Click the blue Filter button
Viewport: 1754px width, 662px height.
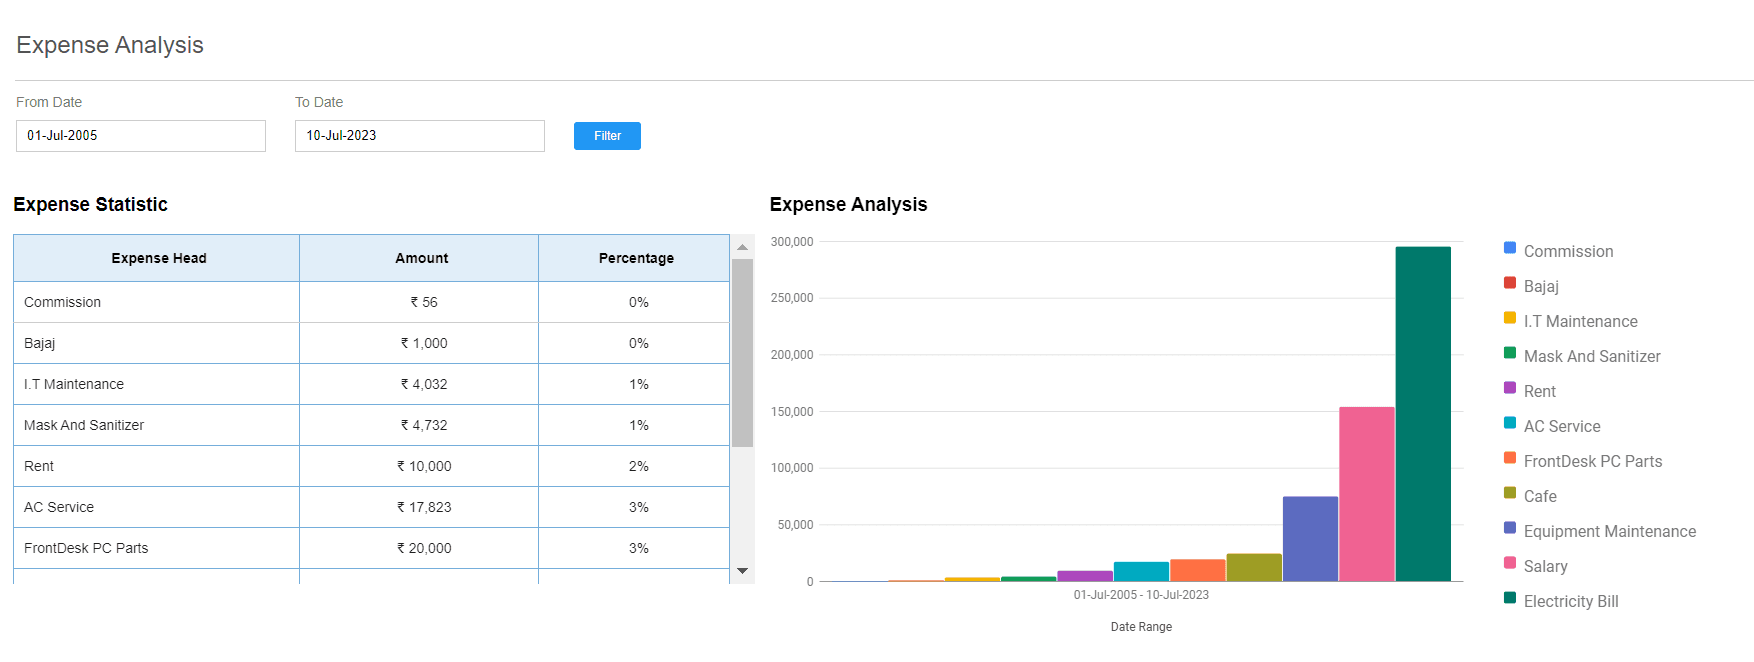click(x=607, y=136)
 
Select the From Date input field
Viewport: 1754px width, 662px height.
click(x=141, y=136)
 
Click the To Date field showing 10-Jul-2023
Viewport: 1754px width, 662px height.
click(x=420, y=136)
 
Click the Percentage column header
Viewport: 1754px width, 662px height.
click(x=635, y=258)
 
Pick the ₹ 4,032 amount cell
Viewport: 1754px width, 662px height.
click(x=424, y=384)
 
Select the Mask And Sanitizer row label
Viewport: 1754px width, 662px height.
click(x=84, y=425)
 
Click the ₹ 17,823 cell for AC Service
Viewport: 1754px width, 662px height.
click(x=424, y=507)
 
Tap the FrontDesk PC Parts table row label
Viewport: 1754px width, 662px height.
click(x=86, y=548)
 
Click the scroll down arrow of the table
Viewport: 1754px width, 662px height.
click(x=742, y=571)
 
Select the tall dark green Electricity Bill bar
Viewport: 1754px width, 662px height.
click(x=1423, y=414)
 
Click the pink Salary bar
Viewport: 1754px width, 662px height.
click(x=1367, y=494)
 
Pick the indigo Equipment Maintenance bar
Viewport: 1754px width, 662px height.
click(x=1310, y=539)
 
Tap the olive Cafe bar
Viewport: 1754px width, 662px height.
click(x=1254, y=567)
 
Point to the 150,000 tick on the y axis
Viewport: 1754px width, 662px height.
click(x=792, y=412)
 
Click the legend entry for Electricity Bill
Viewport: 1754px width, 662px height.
click(x=1561, y=601)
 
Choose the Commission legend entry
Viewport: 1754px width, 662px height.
click(x=1559, y=251)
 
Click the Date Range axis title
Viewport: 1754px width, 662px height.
click(x=1141, y=627)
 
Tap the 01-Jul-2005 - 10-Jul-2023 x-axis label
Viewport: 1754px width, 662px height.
click(x=1141, y=595)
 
